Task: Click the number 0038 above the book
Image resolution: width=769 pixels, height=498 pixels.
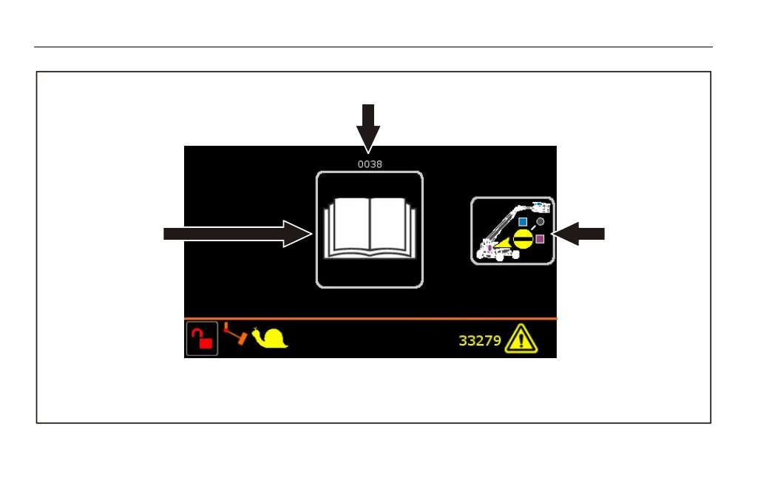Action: pyautogui.click(x=370, y=164)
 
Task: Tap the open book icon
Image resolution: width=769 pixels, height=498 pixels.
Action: pyautogui.click(x=370, y=228)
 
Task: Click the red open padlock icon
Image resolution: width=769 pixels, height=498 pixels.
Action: pyautogui.click(x=202, y=339)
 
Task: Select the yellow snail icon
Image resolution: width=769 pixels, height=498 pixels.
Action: pyautogui.click(x=270, y=337)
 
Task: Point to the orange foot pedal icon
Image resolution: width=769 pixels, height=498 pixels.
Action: pyautogui.click(x=235, y=334)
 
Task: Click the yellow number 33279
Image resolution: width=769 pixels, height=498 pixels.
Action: pyautogui.click(x=480, y=341)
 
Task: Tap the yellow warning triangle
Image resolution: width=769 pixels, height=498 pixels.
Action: pyautogui.click(x=521, y=339)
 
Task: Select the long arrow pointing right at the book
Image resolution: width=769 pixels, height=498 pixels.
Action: pyautogui.click(x=238, y=234)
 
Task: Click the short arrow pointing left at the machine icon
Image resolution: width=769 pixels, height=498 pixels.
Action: pyautogui.click(x=577, y=234)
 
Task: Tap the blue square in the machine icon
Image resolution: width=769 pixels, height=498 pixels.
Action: pyautogui.click(x=523, y=222)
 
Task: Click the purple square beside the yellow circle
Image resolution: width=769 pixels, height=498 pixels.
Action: pyautogui.click(x=540, y=239)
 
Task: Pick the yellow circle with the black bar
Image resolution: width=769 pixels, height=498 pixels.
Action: pyautogui.click(x=523, y=240)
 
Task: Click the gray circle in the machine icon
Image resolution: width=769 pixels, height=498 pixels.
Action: pyautogui.click(x=540, y=222)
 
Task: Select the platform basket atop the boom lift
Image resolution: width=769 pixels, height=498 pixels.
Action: pyautogui.click(x=541, y=206)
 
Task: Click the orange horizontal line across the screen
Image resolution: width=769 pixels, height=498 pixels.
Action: pyautogui.click(x=370, y=318)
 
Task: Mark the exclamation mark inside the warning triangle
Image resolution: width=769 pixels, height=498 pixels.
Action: pyautogui.click(x=521, y=340)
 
